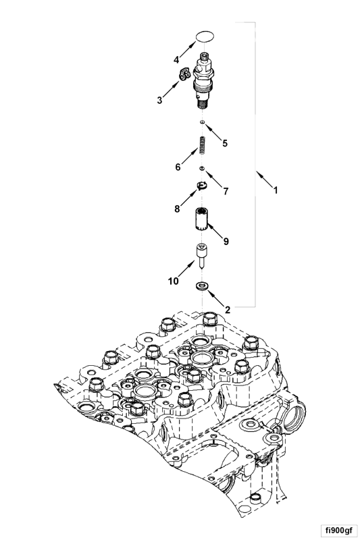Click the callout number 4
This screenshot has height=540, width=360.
point(176,60)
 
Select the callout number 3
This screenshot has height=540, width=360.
point(159,100)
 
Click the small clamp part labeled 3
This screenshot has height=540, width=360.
point(184,74)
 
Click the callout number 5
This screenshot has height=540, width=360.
point(225,143)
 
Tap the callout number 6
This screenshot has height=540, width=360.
point(178,167)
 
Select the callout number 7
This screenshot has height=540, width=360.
point(226,191)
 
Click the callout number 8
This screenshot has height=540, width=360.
point(177,209)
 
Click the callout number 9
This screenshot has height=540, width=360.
point(226,242)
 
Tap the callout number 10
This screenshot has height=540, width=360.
point(174,281)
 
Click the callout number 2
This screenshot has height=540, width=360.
point(228,310)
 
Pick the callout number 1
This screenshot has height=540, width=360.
point(276,190)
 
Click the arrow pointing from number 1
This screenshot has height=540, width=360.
point(263,178)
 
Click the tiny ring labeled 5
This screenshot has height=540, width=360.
point(203,122)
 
